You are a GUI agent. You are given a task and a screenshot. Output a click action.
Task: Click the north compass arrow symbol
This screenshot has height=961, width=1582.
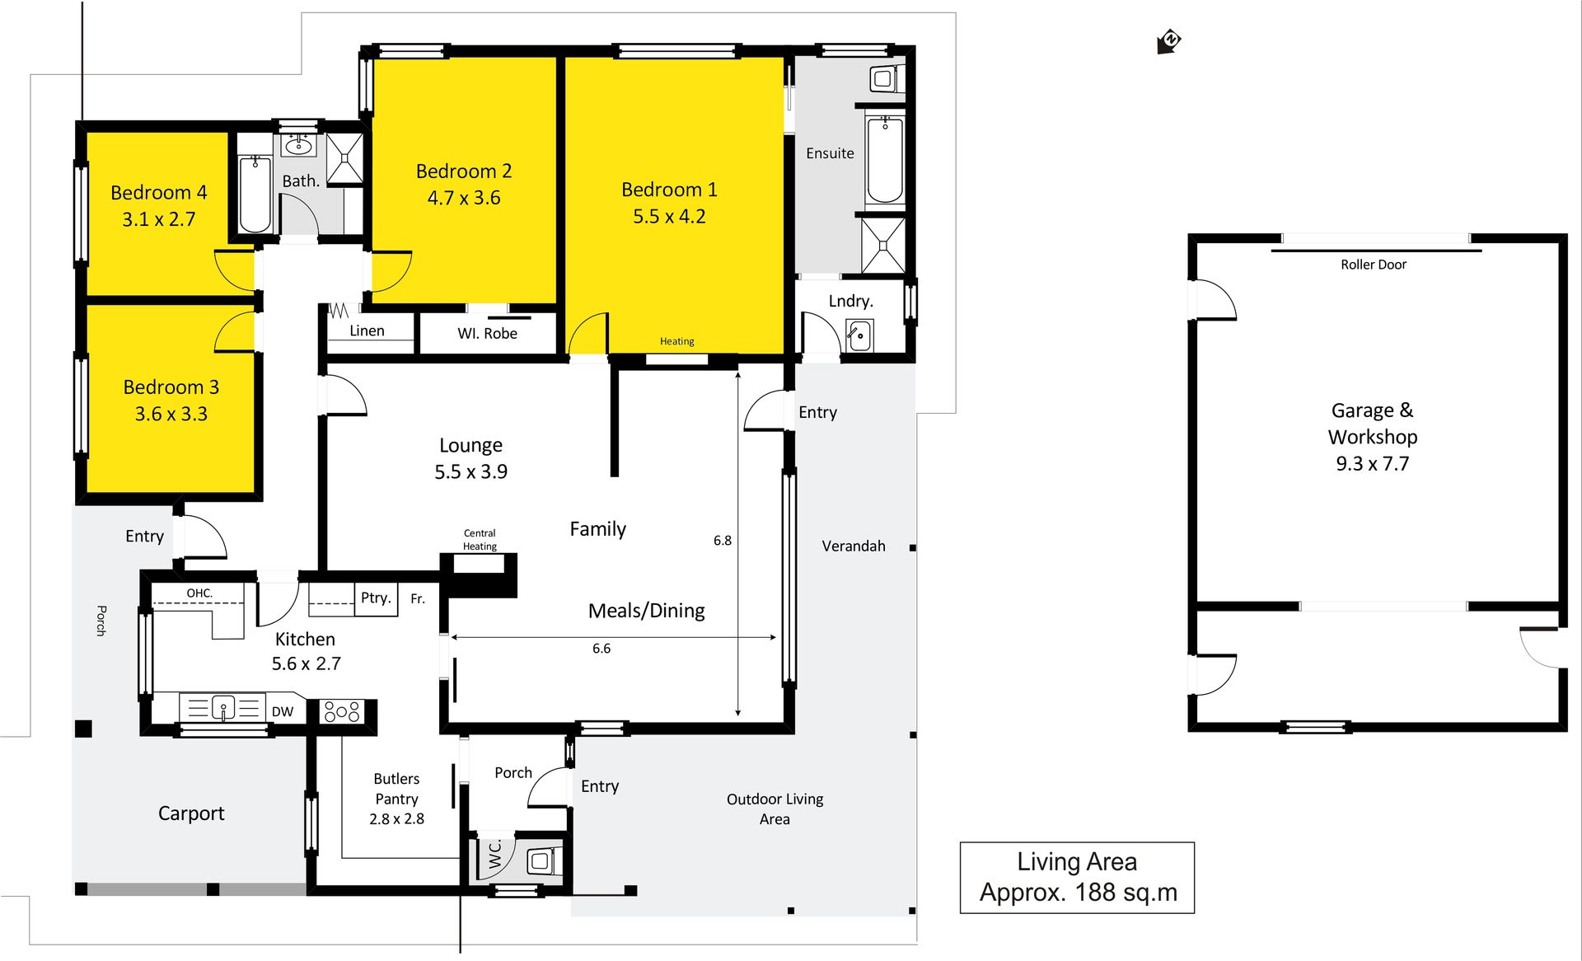coord(1168,41)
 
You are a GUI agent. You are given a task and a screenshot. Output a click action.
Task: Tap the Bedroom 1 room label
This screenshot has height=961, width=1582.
coord(669,190)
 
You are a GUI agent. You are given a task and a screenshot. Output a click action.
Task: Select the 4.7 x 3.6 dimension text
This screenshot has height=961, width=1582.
coord(464,198)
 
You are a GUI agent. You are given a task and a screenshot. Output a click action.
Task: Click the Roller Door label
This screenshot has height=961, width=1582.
coord(1373,265)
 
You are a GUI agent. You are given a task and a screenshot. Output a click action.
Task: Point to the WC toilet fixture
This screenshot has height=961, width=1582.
coord(541,861)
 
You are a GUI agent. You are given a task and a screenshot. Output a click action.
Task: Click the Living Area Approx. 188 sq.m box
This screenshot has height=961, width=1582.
coord(1077,878)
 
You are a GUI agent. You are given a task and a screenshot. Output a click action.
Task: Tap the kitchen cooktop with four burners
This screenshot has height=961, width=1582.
coord(342,711)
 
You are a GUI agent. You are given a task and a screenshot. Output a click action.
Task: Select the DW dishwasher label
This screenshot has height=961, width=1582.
coord(283,711)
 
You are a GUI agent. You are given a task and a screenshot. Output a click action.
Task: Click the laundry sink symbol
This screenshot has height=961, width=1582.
coord(859,335)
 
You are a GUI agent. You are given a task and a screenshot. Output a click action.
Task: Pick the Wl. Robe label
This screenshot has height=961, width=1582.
coord(488,334)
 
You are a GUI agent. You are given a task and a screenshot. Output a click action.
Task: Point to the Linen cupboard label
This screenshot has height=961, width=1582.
coord(367,330)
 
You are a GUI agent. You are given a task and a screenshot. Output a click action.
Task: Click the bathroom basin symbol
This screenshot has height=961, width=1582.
coord(298,147)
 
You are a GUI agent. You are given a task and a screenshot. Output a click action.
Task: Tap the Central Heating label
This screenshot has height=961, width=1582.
coord(480,540)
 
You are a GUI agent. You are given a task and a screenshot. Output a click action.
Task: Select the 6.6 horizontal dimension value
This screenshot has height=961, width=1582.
coord(601,649)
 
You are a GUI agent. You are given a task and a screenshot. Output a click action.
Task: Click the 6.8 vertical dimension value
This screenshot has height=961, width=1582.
coord(723,541)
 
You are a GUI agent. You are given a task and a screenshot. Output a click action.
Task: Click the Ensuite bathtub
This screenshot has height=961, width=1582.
coord(885,159)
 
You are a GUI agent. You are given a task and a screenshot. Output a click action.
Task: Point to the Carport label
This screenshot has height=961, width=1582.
coord(191,813)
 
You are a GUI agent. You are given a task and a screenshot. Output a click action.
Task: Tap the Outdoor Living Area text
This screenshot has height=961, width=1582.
coord(775,809)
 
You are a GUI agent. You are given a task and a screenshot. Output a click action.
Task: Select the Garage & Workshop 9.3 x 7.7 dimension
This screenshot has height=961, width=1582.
coord(1373,464)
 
